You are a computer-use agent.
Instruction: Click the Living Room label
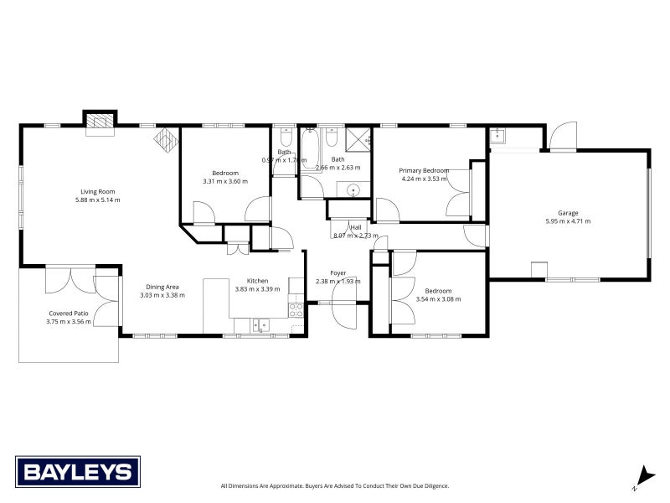point(98,191)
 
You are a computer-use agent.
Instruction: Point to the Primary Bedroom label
point(425,170)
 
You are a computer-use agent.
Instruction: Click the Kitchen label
point(257,280)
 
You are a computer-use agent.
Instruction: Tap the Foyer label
point(338,272)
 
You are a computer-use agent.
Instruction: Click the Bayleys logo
point(78,471)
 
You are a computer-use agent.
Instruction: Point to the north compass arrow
point(642,475)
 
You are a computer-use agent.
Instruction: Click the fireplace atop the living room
point(100,122)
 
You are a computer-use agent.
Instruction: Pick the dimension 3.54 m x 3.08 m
point(437,298)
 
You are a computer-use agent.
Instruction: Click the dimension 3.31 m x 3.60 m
point(225,181)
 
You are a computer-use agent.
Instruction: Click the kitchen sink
point(261,324)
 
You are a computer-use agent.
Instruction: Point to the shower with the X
point(358,139)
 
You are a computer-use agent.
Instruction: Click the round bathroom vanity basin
point(354,189)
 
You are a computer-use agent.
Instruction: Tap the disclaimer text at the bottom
point(335,485)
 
